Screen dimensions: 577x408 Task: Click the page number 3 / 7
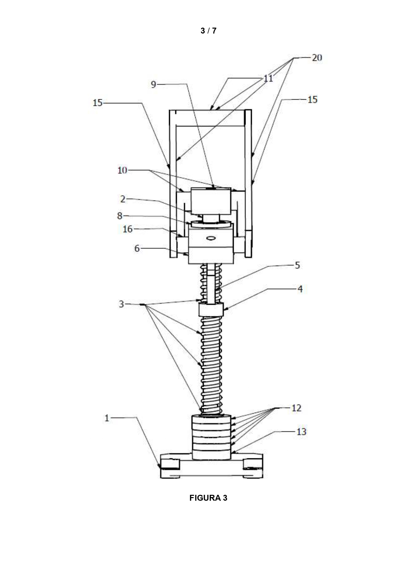click(x=208, y=31)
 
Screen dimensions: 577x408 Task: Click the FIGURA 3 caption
click(x=208, y=498)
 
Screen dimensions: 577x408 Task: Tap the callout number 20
click(x=317, y=58)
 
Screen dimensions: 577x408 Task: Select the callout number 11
click(x=268, y=79)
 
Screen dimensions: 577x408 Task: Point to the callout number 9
click(x=153, y=84)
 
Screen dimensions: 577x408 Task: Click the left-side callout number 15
click(x=98, y=103)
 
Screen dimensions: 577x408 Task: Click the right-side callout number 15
click(x=312, y=99)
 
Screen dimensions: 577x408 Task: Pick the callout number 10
click(x=122, y=170)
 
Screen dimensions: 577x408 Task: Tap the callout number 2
click(x=123, y=199)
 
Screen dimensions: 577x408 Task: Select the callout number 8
click(x=120, y=216)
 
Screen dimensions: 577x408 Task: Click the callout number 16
click(x=127, y=229)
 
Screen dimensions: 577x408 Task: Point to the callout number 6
click(x=137, y=248)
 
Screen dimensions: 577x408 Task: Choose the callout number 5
click(x=297, y=265)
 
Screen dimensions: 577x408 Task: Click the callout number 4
click(x=300, y=289)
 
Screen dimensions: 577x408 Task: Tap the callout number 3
click(x=122, y=304)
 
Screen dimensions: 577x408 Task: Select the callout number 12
click(x=296, y=408)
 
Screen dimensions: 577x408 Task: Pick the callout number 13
click(x=301, y=431)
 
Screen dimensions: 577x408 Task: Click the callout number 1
click(x=107, y=418)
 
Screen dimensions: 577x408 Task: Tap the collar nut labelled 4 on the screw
click(x=211, y=309)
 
